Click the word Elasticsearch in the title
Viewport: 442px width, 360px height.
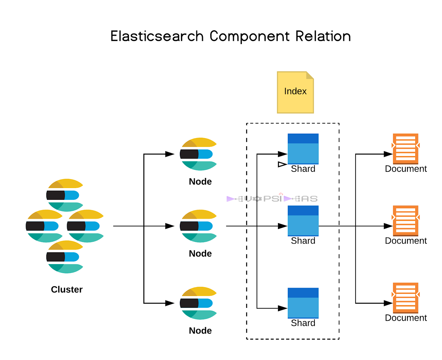[157, 36]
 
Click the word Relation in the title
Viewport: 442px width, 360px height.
[323, 36]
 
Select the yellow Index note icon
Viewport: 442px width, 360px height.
[295, 92]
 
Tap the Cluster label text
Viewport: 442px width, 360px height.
[67, 289]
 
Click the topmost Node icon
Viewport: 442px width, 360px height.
[198, 154]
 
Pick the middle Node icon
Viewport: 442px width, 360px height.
[198, 226]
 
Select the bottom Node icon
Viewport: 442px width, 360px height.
[198, 303]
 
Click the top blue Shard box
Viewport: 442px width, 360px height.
[303, 149]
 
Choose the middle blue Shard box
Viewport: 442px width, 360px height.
[303, 221]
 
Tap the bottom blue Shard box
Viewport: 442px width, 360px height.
[303, 303]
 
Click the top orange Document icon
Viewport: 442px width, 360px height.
[405, 149]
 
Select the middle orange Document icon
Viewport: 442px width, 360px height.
[405, 221]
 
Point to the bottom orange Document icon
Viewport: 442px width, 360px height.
[405, 298]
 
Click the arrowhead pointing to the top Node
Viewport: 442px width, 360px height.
[170, 154]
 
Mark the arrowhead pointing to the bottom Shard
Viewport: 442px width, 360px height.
[283, 308]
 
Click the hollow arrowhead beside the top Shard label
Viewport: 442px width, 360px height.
[282, 164]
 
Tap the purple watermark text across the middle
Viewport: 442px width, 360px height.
[272, 199]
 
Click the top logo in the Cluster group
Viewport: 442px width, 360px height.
[65, 195]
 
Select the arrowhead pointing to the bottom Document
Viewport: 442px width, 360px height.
[388, 303]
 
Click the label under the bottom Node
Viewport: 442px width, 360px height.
[200, 331]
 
